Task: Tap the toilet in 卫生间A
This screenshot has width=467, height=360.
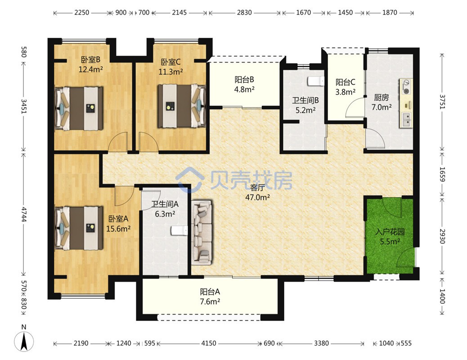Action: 179,230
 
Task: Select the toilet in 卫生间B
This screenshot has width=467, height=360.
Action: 316,81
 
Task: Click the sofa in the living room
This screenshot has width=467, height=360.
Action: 202,232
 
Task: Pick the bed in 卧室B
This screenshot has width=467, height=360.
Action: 79,108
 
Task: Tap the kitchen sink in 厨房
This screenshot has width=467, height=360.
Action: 406,120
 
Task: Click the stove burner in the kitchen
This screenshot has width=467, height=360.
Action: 406,84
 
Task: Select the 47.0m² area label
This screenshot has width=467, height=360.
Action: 258,197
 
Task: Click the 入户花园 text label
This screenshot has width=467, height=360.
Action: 390,232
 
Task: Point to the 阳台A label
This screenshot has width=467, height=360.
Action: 210,292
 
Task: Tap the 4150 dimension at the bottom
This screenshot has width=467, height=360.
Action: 208,343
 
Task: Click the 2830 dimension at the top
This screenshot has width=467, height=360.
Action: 244,13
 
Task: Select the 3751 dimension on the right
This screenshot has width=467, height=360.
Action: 442,102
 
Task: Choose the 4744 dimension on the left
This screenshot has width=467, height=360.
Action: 24,213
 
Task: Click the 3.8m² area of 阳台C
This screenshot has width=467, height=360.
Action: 346,92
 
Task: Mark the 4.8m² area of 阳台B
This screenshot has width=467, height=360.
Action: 244,89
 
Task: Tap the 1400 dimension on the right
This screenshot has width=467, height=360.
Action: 442,296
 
